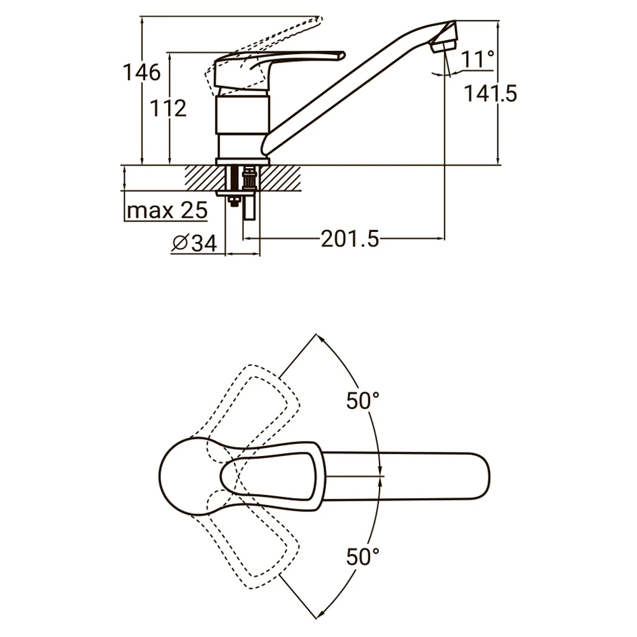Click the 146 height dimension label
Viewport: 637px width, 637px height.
coord(142,73)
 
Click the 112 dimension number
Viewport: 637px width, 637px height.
coord(168,108)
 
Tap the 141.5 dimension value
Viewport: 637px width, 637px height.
coord(490,94)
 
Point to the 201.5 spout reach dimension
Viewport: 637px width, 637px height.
coord(350,238)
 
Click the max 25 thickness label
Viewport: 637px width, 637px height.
coord(168,210)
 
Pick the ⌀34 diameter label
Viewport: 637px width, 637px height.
coord(194,243)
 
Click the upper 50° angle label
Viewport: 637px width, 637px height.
coord(363,400)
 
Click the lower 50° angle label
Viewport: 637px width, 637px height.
coord(363,556)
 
